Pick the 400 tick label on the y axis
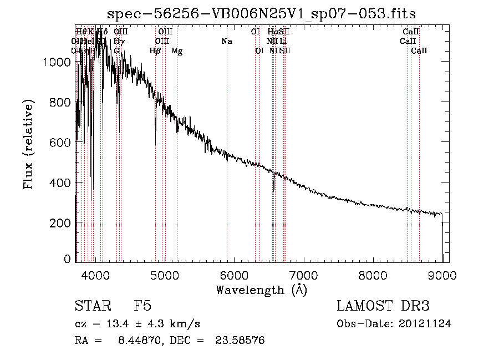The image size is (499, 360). click(x=60, y=182)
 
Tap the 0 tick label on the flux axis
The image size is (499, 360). click(x=67, y=258)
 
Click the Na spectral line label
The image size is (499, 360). click(x=226, y=42)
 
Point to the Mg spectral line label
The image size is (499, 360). click(x=177, y=51)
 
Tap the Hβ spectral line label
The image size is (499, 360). click(x=155, y=51)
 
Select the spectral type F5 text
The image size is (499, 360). click(x=142, y=307)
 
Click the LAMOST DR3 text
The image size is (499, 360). click(x=383, y=307)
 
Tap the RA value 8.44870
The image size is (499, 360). click(x=138, y=340)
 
